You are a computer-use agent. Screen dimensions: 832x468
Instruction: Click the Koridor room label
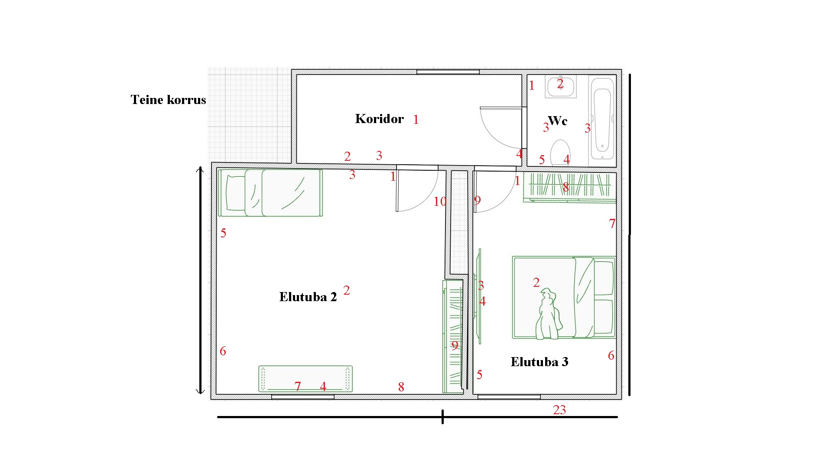coord(379,119)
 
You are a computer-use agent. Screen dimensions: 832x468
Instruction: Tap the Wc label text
coord(558,120)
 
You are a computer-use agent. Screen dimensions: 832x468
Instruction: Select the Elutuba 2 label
coord(308,297)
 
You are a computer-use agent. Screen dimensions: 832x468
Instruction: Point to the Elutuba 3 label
coord(539,362)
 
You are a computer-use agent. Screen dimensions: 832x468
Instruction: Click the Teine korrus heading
coord(168,100)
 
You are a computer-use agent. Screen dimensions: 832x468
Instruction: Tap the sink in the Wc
coord(561,87)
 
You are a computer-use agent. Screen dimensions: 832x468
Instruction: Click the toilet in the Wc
coord(560,153)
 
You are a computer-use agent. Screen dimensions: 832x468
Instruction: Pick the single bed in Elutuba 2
coord(270,193)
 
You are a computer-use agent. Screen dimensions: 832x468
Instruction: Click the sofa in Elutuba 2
coord(305,379)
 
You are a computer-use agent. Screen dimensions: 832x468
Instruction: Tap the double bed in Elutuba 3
coord(564,297)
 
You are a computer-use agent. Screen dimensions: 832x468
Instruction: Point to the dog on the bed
coord(548,314)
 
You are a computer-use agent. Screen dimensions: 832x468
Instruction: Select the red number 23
coord(559,410)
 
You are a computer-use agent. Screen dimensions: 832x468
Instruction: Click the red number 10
coord(440,201)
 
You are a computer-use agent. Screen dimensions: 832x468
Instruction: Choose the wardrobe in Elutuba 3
coord(569,187)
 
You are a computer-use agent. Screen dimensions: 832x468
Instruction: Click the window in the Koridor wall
coord(448,72)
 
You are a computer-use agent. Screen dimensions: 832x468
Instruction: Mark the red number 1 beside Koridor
coord(416,120)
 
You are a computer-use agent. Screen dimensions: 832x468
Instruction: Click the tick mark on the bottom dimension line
coord(442,417)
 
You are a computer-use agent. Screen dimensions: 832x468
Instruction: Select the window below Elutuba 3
coord(509,396)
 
